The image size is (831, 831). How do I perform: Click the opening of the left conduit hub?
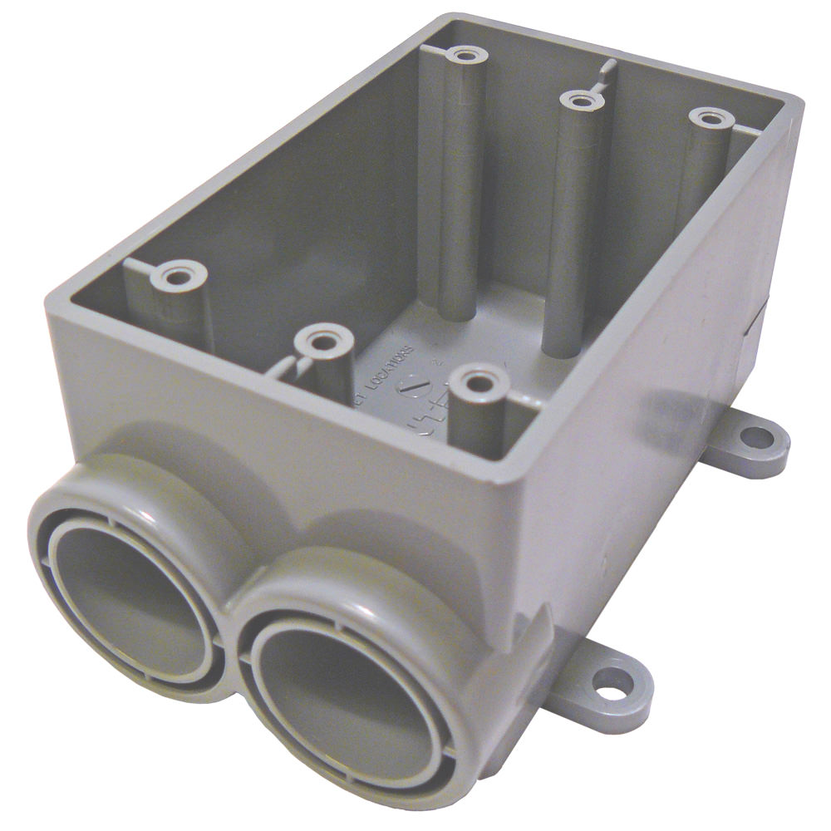click(125, 602)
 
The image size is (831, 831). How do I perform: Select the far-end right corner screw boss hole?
click(708, 119)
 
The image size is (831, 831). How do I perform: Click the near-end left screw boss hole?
click(176, 275)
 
